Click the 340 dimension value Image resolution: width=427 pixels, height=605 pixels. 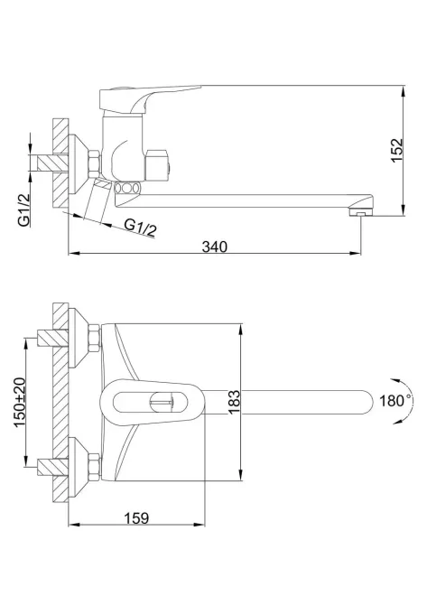coord(215,247)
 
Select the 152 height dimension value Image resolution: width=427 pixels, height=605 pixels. coord(397,150)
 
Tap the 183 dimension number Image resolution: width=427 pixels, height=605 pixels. coord(234,403)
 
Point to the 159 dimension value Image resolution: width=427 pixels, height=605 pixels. coord(136,518)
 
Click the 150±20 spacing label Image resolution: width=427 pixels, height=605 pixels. coord(20,402)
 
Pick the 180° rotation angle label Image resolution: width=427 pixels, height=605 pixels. coord(395,401)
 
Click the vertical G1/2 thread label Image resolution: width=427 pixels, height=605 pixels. coord(23,209)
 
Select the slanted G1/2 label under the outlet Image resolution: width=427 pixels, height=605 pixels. coord(141,228)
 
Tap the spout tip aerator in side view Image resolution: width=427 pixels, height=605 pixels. coord(360,211)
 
